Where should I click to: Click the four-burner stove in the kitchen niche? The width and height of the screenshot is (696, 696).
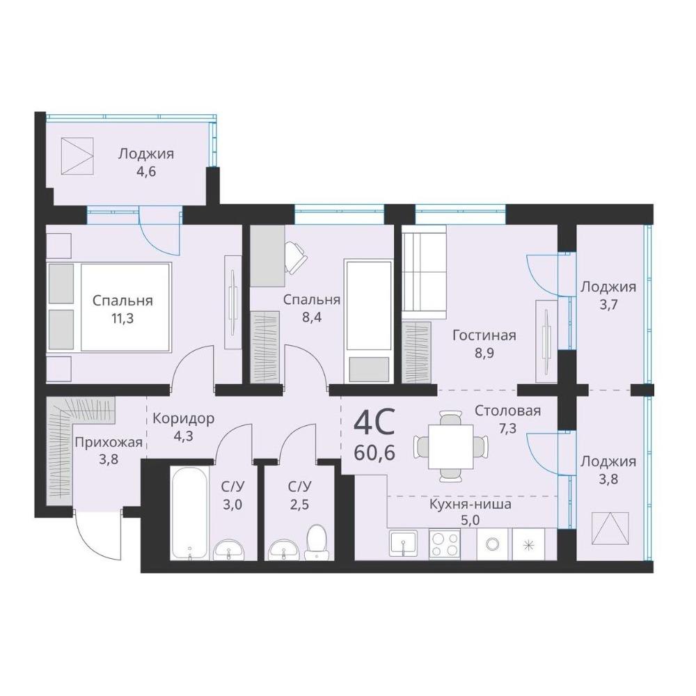click(444, 544)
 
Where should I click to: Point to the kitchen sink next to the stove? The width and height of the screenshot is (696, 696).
click(403, 544)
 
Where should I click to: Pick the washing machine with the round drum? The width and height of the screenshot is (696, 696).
click(492, 544)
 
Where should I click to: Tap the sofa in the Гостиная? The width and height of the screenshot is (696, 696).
click(424, 271)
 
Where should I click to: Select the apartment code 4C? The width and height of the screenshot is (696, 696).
click(374, 423)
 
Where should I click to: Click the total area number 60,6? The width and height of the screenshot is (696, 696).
click(374, 454)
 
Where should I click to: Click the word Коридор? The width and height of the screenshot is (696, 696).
click(183, 419)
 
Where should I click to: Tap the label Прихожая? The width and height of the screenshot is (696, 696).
click(109, 443)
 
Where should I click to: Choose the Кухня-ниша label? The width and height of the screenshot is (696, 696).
click(470, 504)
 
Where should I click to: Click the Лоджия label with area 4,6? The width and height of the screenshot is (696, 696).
click(145, 154)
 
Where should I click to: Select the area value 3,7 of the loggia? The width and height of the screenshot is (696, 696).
click(608, 305)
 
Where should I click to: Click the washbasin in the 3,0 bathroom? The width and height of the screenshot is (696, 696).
click(228, 551)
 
